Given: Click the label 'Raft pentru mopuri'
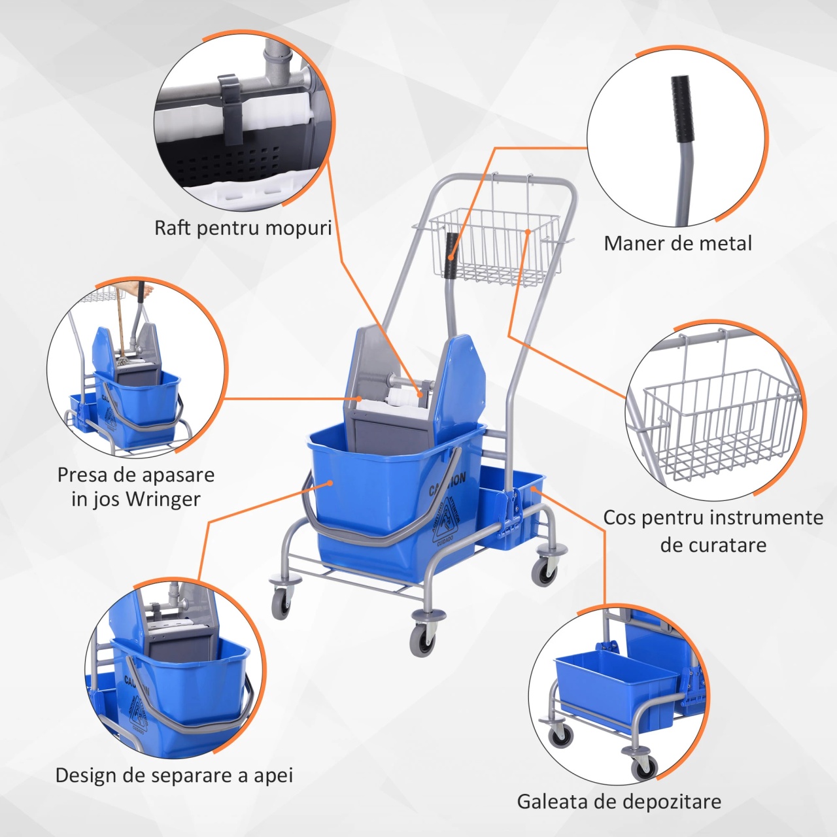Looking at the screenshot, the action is point(243,228).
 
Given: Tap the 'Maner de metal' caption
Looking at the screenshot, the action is point(677,244).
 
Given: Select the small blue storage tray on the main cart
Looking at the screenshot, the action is point(513,513).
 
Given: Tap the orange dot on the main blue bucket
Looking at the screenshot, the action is point(330,482).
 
